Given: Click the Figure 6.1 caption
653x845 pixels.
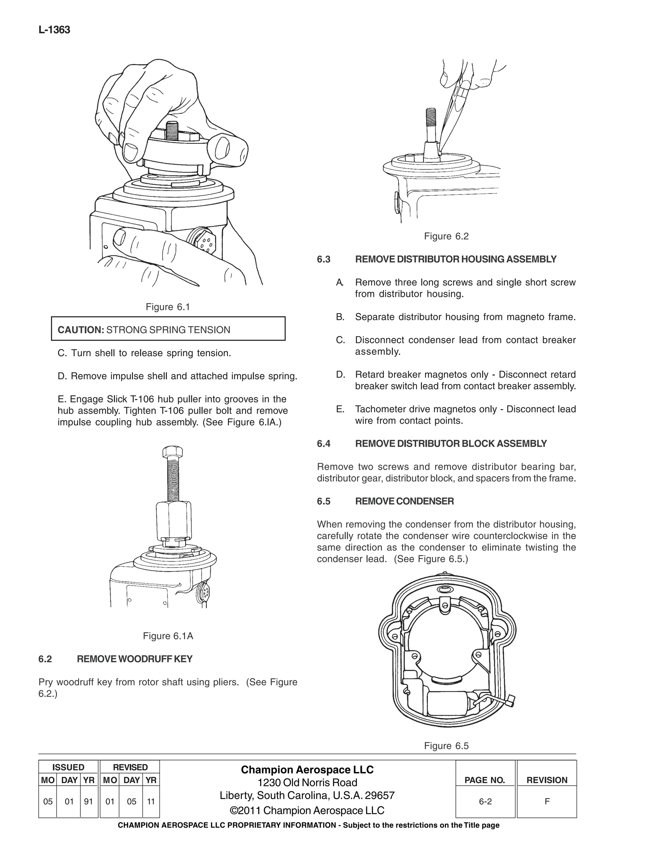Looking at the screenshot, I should (167, 307).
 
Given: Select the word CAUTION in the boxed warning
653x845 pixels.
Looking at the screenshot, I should (80, 330).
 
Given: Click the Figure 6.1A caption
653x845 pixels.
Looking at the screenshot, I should (168, 636).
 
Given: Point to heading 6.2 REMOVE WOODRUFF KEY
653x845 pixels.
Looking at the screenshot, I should (115, 659).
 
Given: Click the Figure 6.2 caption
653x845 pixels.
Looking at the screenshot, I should (446, 236).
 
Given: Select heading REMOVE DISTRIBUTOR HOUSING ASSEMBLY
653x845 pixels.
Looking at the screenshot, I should (455, 259).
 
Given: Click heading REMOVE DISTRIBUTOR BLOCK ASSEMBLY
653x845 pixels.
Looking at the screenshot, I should (451, 444).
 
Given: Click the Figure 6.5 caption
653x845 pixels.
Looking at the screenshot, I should (446, 746).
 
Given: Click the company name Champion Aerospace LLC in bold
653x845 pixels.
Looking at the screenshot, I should (307, 769).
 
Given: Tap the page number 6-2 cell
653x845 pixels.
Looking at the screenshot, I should (485, 801).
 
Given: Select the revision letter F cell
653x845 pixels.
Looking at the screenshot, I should (547, 801).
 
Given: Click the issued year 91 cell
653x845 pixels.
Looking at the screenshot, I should (89, 801).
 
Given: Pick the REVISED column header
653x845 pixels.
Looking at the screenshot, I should (130, 767).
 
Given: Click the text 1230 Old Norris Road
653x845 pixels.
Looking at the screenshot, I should (307, 782).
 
